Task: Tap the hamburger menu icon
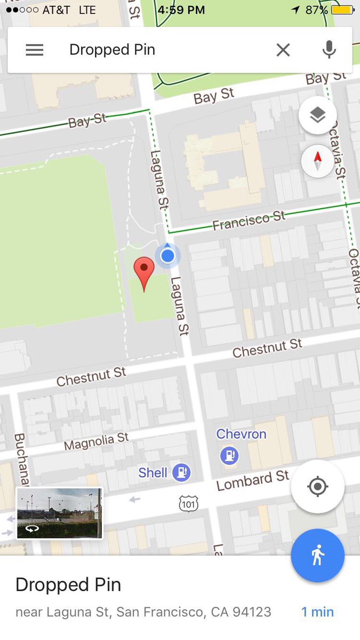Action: coord(35,50)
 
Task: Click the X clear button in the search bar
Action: coord(283,50)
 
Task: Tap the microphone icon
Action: coord(329,50)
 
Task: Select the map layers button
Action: coord(317,115)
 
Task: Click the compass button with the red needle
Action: coord(317,161)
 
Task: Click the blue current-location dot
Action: coord(167,256)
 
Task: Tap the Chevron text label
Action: coord(241,434)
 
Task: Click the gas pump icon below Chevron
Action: coord(229,455)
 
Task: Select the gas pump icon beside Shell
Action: coord(182,472)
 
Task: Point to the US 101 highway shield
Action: coord(188,502)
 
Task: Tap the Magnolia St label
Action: coord(97,442)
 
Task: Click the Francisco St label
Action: coord(249,221)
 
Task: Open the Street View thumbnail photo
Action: coord(59,513)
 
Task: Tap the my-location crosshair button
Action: coord(317,486)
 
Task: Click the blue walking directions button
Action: coord(317,555)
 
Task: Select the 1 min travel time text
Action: coord(317,612)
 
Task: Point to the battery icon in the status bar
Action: coord(342,10)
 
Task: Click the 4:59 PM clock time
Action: coord(181,10)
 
